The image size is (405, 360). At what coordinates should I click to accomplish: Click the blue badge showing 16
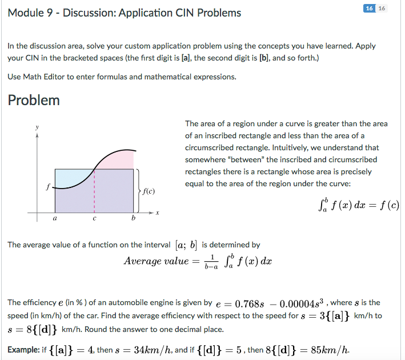369,9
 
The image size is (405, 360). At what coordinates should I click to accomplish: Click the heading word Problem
34,101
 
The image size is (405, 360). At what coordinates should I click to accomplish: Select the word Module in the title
26,13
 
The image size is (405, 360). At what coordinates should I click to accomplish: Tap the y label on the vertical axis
37,126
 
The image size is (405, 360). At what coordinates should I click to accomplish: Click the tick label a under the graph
55,218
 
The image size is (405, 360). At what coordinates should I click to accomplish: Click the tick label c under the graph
95,218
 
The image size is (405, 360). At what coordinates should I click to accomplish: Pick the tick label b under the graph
133,218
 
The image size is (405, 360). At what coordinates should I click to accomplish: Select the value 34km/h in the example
149,350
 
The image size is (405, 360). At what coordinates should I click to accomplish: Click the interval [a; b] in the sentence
185,245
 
